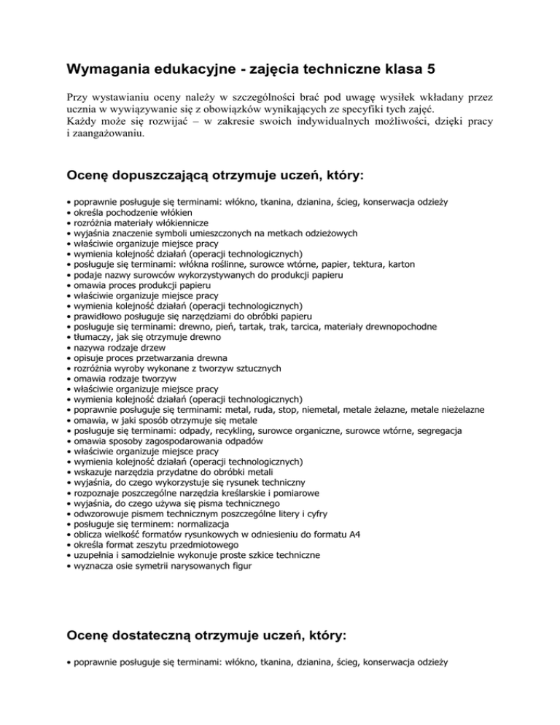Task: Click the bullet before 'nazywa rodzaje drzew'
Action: [67, 349]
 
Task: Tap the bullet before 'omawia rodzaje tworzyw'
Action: [67, 379]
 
